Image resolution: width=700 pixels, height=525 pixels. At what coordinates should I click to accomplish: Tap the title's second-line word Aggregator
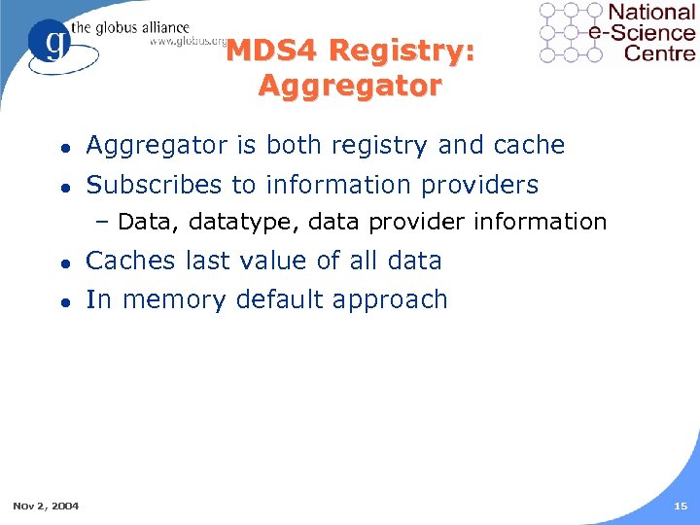tap(350, 86)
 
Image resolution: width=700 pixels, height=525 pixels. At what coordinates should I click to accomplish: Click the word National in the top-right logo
tap(650, 13)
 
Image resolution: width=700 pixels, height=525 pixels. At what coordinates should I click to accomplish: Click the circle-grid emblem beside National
tap(571, 32)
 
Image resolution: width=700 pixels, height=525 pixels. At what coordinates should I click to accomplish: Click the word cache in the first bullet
tap(529, 146)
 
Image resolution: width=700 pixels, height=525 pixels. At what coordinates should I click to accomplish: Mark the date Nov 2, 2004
tap(46, 506)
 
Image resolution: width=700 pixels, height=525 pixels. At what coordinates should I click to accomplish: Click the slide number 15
tap(680, 506)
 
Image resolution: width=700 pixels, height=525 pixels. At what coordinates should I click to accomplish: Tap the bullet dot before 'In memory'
tap(61, 300)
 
